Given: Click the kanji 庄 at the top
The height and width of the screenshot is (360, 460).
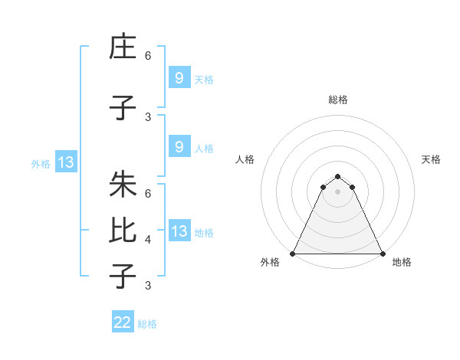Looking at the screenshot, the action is click(123, 47).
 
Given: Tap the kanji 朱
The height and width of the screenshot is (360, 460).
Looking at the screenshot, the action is click(123, 185).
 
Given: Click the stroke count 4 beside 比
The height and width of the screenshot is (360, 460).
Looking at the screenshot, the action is click(148, 240).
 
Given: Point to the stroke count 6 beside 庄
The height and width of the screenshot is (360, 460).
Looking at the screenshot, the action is click(148, 56).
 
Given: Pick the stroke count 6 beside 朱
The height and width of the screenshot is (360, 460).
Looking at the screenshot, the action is click(148, 195).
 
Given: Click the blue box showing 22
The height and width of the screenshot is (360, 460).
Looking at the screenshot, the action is click(123, 322).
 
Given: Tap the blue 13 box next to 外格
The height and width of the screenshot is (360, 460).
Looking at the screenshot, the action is click(65, 162).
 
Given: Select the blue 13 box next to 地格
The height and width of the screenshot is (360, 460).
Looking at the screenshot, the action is click(179, 231).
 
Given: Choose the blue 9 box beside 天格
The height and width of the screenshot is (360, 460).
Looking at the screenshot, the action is click(179, 77).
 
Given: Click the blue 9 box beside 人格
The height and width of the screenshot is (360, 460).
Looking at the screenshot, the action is click(179, 147).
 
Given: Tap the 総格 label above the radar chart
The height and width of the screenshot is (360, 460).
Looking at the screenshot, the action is click(338, 100).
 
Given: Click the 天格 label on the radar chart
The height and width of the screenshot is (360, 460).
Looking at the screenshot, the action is click(432, 159).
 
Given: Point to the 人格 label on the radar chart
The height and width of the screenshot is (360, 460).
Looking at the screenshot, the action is click(245, 159).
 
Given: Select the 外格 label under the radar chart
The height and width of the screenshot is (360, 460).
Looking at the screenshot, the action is click(270, 262).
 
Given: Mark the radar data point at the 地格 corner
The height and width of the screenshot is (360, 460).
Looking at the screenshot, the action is click(382, 253).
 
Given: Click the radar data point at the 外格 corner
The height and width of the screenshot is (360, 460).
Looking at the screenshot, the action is click(293, 253).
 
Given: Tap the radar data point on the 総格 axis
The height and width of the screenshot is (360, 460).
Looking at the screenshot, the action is click(337, 175).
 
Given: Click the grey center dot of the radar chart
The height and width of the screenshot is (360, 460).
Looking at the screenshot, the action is click(337, 191).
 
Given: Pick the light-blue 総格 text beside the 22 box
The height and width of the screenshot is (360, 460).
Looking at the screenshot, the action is click(147, 324).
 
